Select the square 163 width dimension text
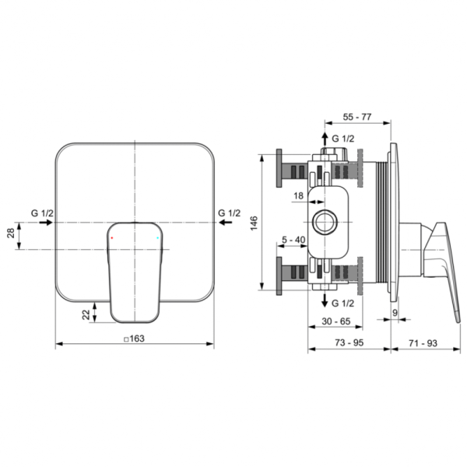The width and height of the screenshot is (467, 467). [135, 338]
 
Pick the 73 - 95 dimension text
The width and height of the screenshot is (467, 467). [349, 342]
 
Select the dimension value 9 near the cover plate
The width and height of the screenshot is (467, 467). [395, 313]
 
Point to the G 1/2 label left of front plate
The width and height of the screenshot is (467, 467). [42, 212]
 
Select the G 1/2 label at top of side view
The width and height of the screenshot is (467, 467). [343, 139]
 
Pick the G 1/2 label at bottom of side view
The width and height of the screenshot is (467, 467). [343, 302]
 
